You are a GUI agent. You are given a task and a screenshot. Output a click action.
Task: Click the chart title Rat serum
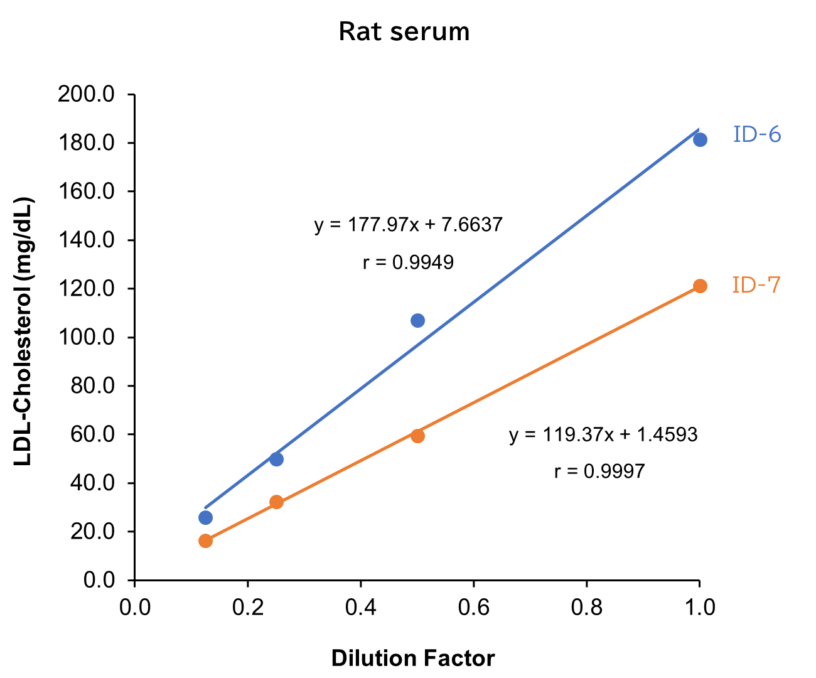pos(404,31)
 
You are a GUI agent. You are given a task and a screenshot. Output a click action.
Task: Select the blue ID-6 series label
pos(757,134)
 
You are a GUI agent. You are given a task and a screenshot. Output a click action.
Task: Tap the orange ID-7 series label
pos(756,285)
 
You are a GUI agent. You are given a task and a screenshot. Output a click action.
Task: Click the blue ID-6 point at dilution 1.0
pos(700,139)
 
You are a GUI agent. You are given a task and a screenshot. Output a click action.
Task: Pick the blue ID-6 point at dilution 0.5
pos(417,321)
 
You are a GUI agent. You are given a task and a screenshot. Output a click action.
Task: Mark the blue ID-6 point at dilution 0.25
pos(276,459)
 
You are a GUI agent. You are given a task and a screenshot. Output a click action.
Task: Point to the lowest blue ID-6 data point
pos(205,517)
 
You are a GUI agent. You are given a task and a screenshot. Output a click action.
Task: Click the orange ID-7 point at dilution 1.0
pos(700,286)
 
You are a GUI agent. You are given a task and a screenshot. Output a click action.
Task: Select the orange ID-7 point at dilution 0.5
pos(417,436)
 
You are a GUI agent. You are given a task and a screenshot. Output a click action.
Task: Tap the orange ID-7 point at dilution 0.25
pos(276,502)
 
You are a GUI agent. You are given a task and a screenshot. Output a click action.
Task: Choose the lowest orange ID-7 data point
pos(205,541)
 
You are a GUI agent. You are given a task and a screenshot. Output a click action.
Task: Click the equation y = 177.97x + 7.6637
pos(408,225)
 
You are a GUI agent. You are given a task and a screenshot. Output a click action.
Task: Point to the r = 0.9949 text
pos(408,262)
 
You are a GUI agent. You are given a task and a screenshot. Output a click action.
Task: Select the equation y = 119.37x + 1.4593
pos(603,434)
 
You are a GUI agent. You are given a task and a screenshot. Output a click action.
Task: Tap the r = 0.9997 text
pos(599,471)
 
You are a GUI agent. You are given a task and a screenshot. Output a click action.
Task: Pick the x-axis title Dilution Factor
pos(412,659)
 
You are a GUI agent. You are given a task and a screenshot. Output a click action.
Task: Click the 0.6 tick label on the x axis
pos(474,607)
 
